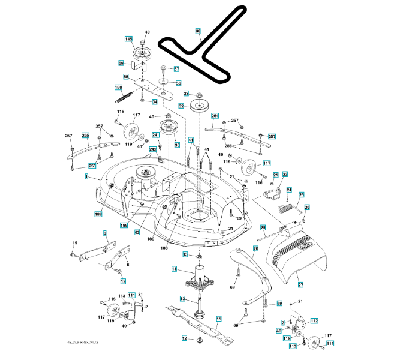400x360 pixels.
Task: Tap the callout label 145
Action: [x=128, y=39]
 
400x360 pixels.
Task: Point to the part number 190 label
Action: [x=118, y=88]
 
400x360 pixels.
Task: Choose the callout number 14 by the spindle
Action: [x=174, y=269]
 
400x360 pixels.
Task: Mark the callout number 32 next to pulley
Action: [x=181, y=106]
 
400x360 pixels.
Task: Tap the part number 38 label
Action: [x=177, y=145]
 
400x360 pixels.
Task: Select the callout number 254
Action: [x=215, y=115]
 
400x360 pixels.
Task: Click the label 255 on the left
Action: [x=85, y=136]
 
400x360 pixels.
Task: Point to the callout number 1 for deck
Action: [x=86, y=177]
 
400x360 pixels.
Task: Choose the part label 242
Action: [x=153, y=149]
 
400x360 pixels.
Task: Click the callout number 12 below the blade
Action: [x=185, y=338]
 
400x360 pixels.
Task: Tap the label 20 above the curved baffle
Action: [x=255, y=249]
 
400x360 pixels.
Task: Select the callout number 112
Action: [x=314, y=322]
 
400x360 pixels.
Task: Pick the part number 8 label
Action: [x=104, y=233]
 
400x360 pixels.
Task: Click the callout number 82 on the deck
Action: [x=137, y=232]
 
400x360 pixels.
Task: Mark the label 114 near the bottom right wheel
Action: [x=329, y=343]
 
